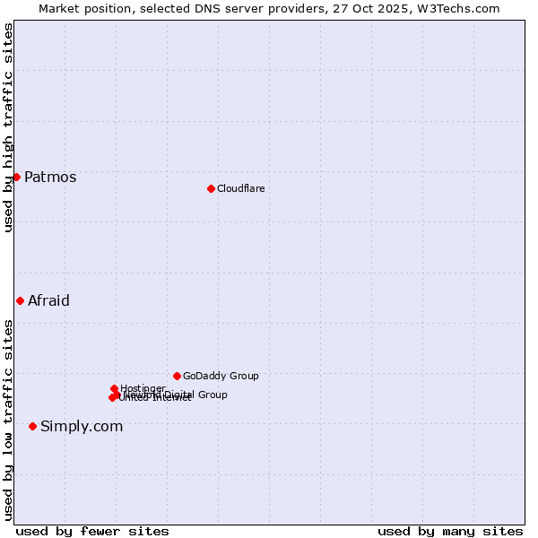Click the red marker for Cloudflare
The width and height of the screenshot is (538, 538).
tap(211, 188)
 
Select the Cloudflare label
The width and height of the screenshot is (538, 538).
tap(240, 188)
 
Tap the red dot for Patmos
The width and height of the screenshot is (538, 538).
tap(16, 177)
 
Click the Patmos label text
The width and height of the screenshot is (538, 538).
tap(50, 177)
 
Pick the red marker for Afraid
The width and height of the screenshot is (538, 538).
tap(20, 300)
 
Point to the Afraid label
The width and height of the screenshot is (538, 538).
tap(48, 300)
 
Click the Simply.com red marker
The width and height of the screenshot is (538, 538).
tap(32, 426)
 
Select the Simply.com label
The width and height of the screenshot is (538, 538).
tap(82, 426)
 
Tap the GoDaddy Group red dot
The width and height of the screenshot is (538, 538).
tap(177, 376)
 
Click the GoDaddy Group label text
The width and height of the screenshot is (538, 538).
tap(221, 376)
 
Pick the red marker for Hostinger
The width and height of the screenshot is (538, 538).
tap(114, 388)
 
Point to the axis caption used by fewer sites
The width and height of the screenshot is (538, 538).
tap(92, 531)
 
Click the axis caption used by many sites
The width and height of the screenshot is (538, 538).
tap(450, 531)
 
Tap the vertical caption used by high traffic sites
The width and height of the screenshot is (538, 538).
tap(8, 127)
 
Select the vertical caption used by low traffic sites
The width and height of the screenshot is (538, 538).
tap(8, 419)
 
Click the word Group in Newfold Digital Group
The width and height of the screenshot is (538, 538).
tap(213, 395)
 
